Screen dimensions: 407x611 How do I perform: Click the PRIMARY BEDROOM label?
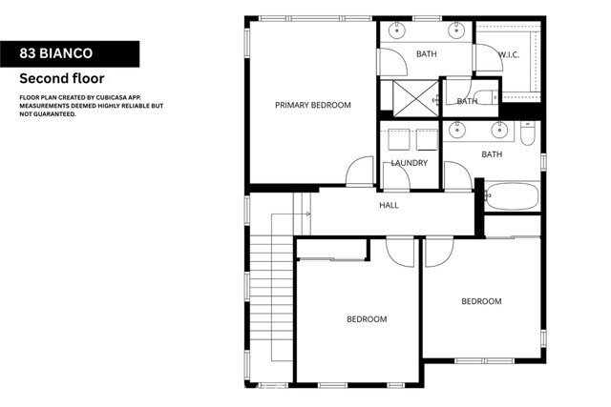coord(313,105)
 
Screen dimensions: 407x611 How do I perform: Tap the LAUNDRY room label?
coord(409,163)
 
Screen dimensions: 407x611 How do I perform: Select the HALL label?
coord(389,205)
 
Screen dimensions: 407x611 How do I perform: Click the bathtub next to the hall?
coord(514,197)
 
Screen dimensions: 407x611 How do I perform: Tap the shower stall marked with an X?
coord(406,98)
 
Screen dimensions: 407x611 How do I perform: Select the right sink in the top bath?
coord(456,31)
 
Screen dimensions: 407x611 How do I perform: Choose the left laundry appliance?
coord(395,140)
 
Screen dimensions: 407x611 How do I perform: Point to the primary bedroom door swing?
coord(359,172)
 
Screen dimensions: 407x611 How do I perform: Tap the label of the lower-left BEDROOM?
coord(367,319)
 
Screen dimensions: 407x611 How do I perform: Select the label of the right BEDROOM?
coord(481,301)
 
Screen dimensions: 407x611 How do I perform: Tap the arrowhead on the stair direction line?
coord(307,214)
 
